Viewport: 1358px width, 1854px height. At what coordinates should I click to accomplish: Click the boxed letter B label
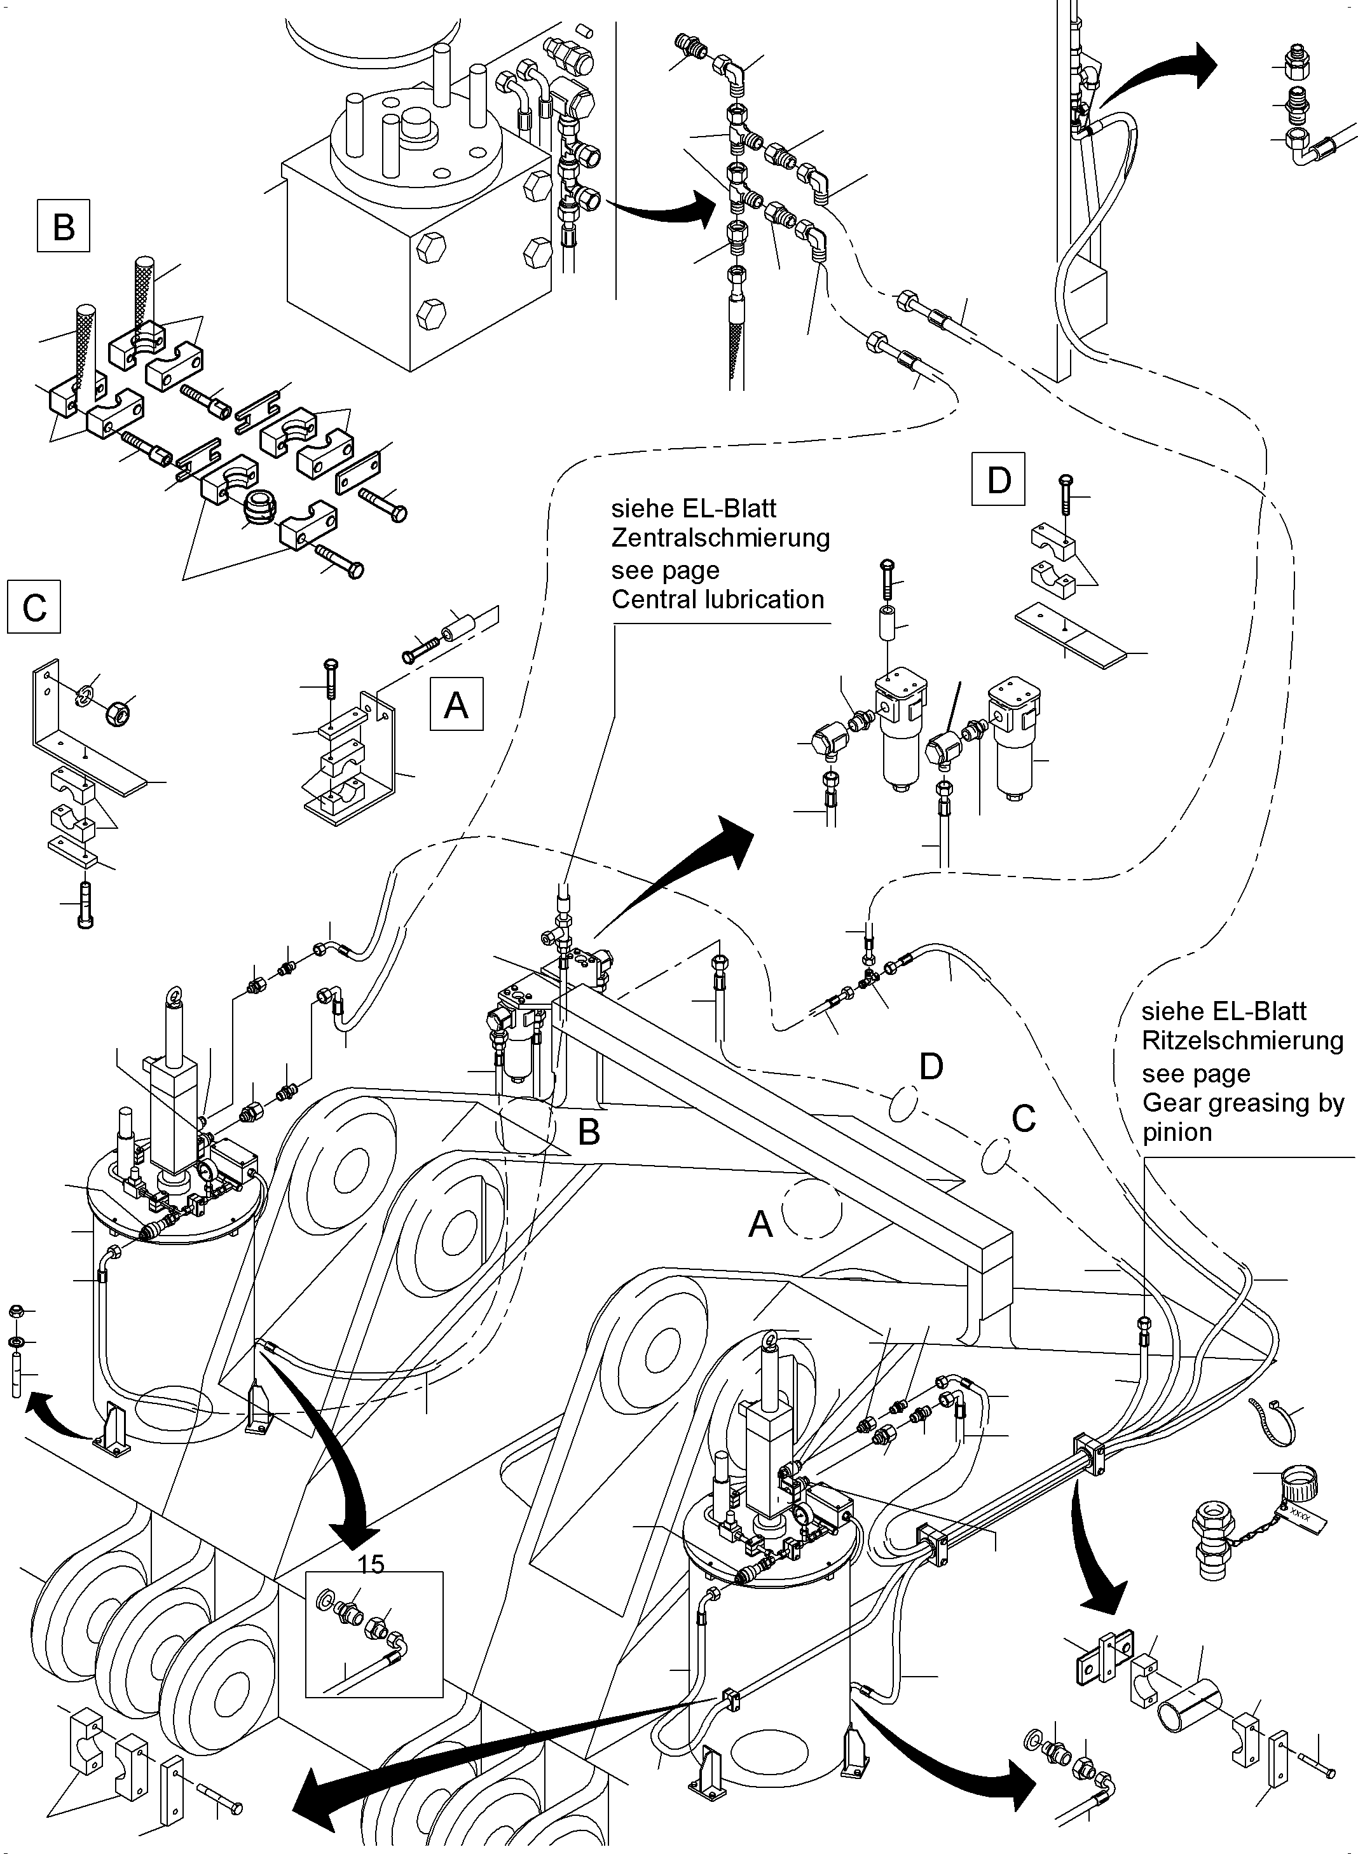pyautogui.click(x=64, y=226)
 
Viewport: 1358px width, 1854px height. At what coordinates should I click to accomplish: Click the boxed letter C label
pyautogui.click(x=34, y=608)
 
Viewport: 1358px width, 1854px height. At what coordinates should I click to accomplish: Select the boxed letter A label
pyautogui.click(x=456, y=704)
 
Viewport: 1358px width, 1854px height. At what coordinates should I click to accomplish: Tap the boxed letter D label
pyautogui.click(x=998, y=479)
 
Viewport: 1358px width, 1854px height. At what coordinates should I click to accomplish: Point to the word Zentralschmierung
pyautogui.click(x=720, y=538)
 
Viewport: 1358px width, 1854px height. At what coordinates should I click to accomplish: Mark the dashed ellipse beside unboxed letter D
pyautogui.click(x=902, y=1103)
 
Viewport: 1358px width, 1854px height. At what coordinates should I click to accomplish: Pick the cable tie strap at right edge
pyautogui.click(x=1268, y=1424)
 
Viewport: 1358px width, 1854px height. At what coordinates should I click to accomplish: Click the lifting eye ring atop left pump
pyautogui.click(x=175, y=996)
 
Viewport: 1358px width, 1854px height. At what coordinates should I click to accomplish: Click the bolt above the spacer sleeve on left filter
pyautogui.click(x=887, y=580)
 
